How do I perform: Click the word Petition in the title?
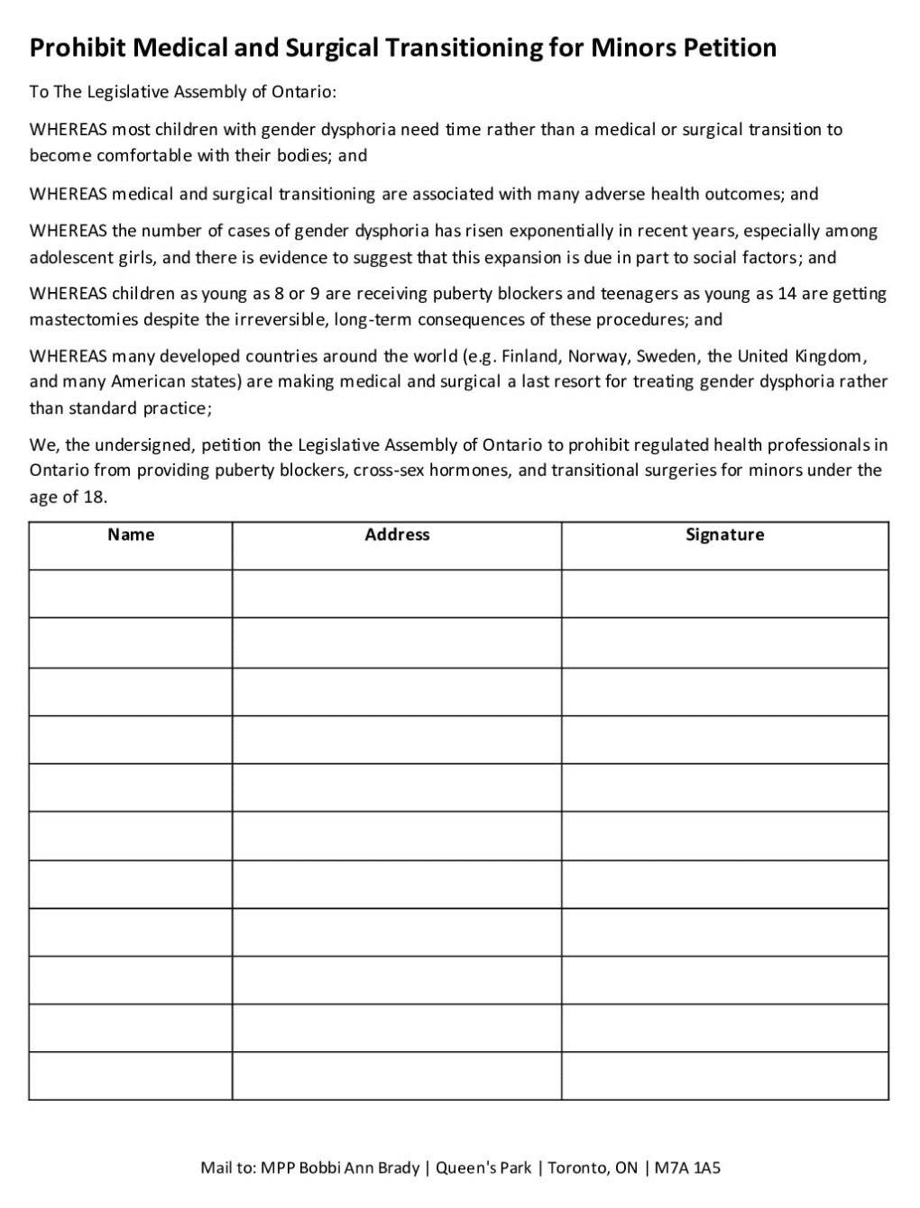(x=729, y=48)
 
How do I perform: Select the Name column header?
(x=131, y=535)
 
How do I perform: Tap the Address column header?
(x=397, y=535)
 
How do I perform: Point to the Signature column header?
(x=724, y=535)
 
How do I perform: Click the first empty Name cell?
(x=131, y=593)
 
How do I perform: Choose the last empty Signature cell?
(x=724, y=1075)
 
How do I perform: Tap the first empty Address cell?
(x=397, y=593)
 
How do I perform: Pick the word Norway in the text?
(x=598, y=356)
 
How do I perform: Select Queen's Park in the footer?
(x=483, y=1168)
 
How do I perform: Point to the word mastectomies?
(x=84, y=320)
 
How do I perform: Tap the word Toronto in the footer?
(x=577, y=1168)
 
